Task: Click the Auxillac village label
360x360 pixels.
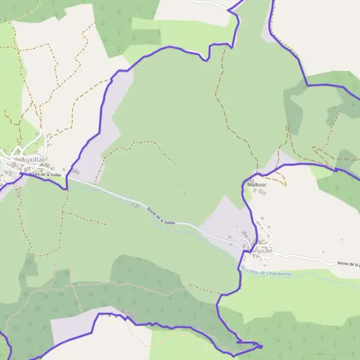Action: tap(37, 160)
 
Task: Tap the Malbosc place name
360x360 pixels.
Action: tap(257, 185)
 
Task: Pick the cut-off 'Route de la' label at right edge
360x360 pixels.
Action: tap(348, 263)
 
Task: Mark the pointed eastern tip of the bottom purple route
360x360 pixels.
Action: tap(262, 346)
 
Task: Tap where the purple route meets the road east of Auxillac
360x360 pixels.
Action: tap(67, 180)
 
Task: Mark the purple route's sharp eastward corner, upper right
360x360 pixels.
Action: tap(307, 85)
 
